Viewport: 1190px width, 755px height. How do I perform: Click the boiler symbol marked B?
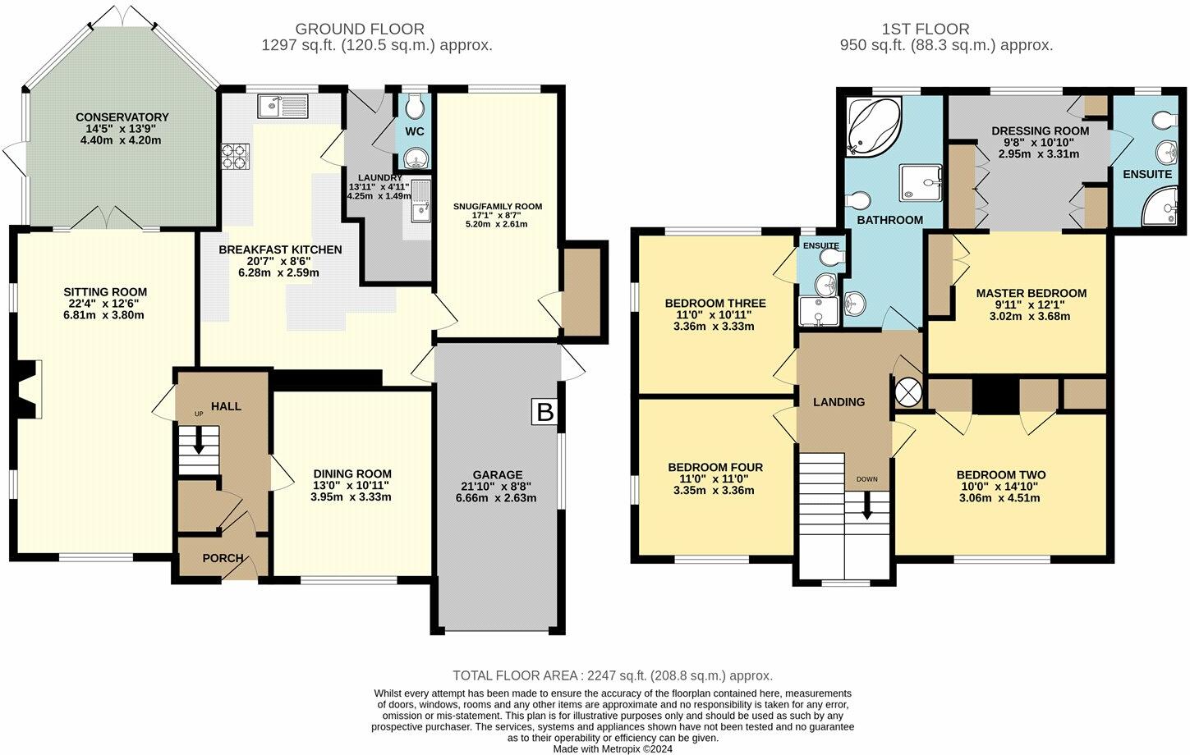[x=544, y=413]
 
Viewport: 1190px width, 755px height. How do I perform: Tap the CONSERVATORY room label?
[x=122, y=117]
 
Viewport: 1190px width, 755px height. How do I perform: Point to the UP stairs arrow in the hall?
[x=200, y=442]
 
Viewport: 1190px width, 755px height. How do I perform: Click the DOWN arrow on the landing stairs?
[x=867, y=506]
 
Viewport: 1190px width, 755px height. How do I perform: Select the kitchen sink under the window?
[x=283, y=106]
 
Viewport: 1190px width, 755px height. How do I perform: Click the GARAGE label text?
[x=498, y=474]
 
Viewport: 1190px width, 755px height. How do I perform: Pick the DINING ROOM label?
[x=352, y=474]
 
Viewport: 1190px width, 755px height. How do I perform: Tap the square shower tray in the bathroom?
[x=921, y=183]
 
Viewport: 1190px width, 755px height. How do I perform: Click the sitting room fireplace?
[x=30, y=389]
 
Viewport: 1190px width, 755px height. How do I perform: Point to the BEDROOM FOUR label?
[x=715, y=467]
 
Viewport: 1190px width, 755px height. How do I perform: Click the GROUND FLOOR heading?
[x=360, y=29]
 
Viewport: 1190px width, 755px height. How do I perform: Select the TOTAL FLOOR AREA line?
[x=613, y=675]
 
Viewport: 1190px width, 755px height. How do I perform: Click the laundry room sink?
[x=422, y=201]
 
